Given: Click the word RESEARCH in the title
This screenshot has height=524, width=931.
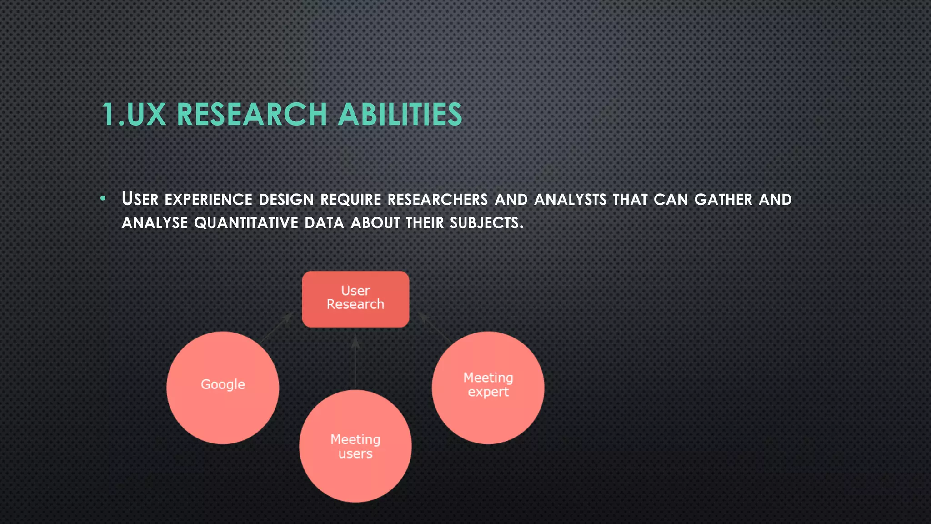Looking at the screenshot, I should [x=251, y=114].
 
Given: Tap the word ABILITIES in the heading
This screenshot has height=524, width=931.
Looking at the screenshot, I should [x=400, y=114].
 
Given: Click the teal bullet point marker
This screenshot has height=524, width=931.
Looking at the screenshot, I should [x=103, y=198].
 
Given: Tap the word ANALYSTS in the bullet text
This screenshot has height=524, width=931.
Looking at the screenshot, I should [x=570, y=200].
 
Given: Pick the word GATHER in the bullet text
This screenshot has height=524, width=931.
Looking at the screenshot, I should [x=723, y=200].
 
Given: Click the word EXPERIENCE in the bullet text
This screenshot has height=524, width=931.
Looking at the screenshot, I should [x=208, y=200].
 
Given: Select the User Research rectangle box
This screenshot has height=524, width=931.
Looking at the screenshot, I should [x=355, y=299].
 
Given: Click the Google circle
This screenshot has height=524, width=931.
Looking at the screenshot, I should [x=223, y=388].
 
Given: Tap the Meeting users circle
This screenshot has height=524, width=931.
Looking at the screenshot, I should [x=355, y=446].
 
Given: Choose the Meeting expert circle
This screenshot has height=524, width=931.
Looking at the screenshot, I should [x=488, y=388].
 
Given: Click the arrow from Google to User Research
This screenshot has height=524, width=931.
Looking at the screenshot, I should [x=276, y=327].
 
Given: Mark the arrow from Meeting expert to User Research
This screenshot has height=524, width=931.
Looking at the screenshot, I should [x=435, y=327].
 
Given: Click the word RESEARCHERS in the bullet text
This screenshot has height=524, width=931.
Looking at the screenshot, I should [x=437, y=200].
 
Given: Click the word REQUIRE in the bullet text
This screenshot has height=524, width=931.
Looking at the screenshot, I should [x=350, y=200].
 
